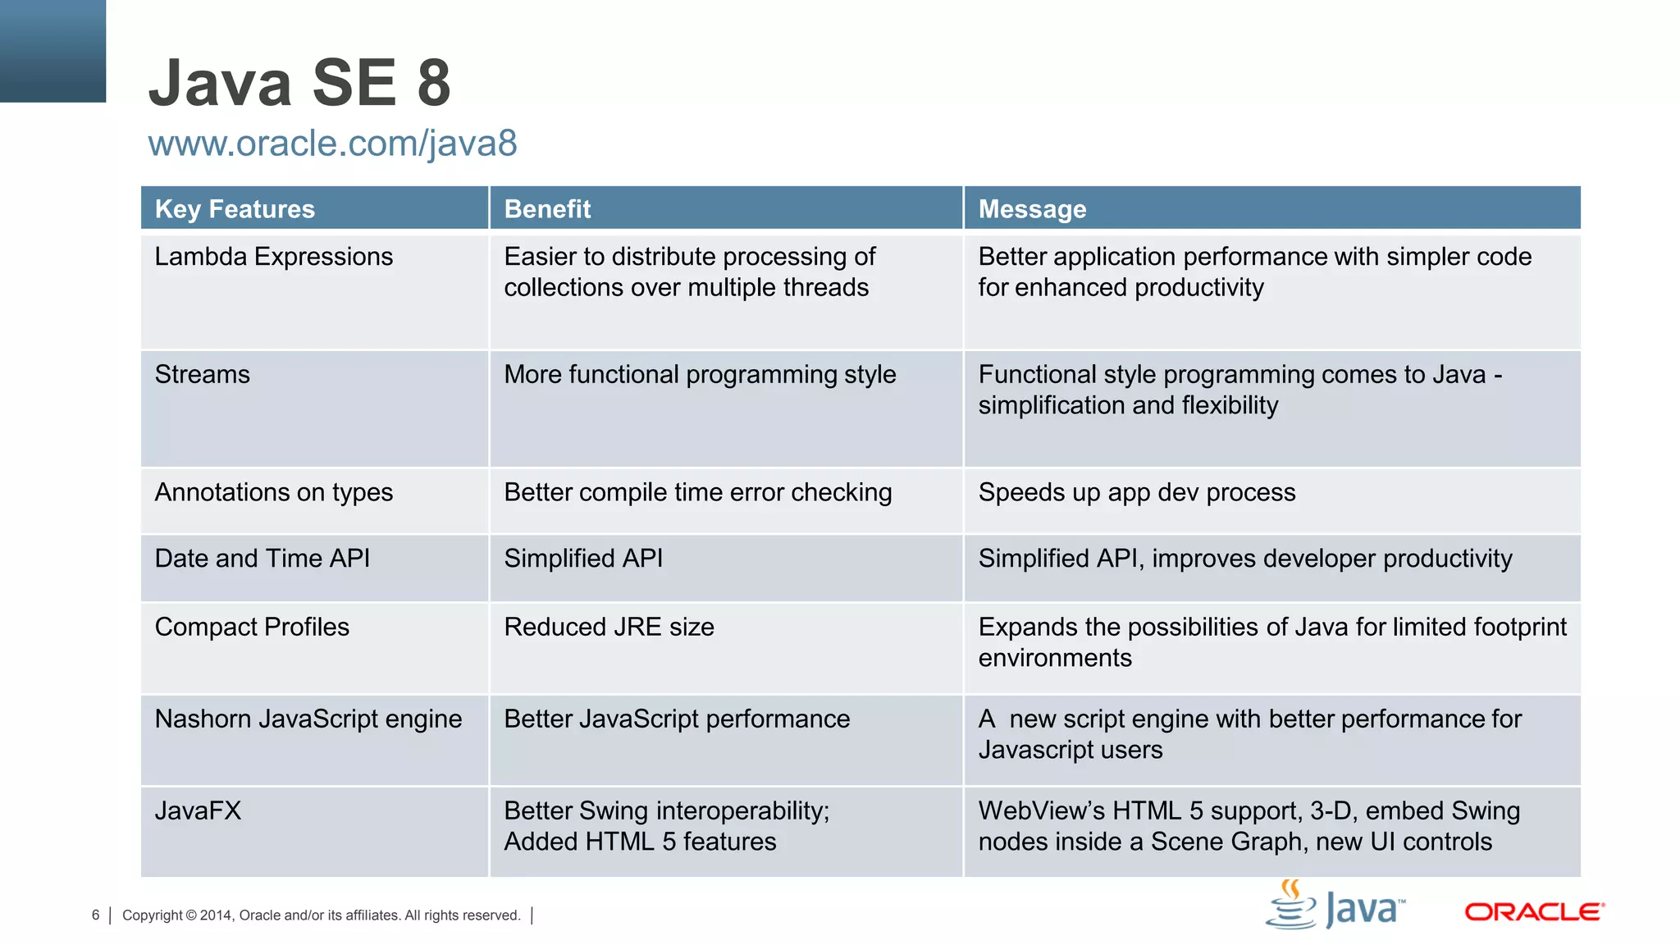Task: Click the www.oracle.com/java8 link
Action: [x=332, y=144]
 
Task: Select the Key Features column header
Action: [x=235, y=209]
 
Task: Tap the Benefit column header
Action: [x=547, y=209]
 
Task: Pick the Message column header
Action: [x=1032, y=209]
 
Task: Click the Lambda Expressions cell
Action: [x=274, y=257]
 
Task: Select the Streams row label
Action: [x=203, y=375]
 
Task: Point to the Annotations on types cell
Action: [x=274, y=492]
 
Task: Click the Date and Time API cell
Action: [x=262, y=559]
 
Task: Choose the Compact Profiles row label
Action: [x=252, y=628]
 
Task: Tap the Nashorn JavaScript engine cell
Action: [x=308, y=719]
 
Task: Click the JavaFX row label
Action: [x=198, y=811]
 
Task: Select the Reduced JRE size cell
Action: [x=609, y=628]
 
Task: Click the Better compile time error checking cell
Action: [x=697, y=492]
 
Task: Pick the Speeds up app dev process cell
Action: [x=1137, y=492]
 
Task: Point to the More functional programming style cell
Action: [x=700, y=375]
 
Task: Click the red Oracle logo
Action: [x=1534, y=912]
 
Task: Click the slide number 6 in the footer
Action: [x=96, y=915]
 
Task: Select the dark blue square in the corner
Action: [x=52, y=51]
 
